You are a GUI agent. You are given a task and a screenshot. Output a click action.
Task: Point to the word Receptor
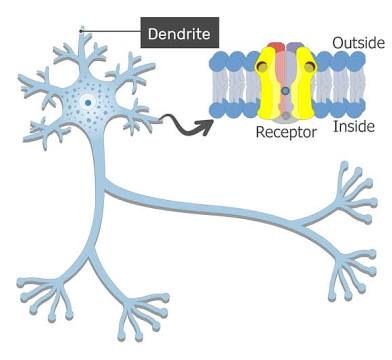coord(287,132)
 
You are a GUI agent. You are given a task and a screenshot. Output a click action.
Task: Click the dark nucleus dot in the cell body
coord(88,102)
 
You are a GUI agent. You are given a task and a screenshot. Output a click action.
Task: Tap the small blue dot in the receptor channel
coord(286,92)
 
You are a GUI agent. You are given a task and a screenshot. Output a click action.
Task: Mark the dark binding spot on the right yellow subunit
coord(309,68)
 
